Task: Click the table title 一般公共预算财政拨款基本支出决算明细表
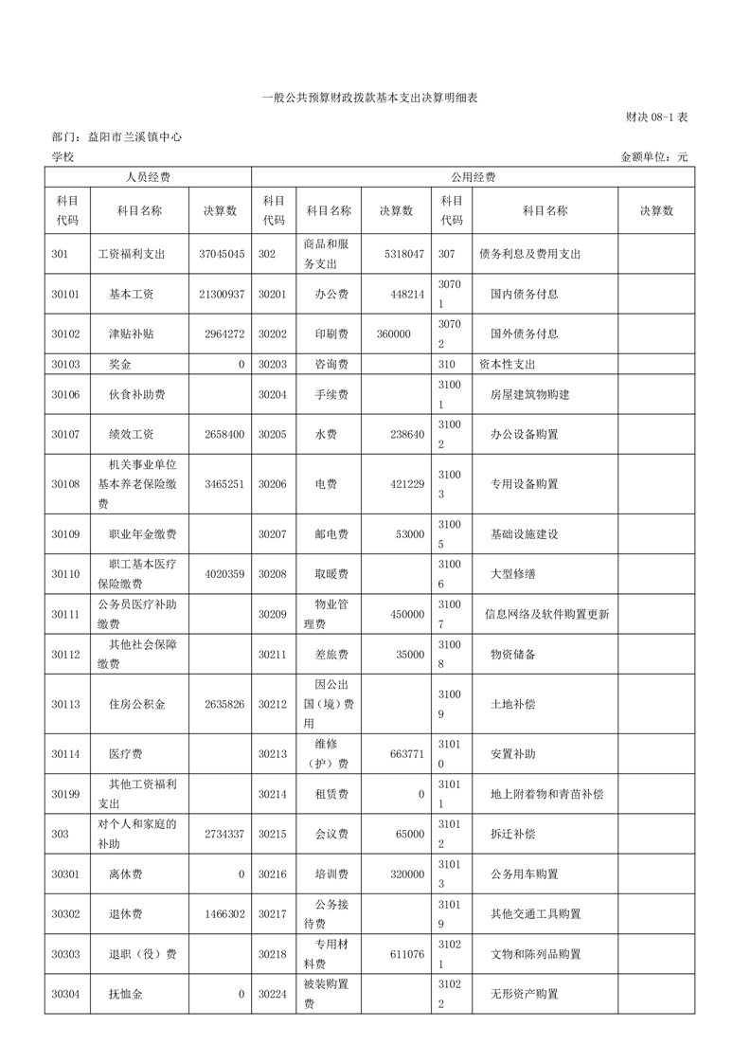[375, 97]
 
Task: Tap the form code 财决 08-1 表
[656, 117]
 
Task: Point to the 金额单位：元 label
[653, 156]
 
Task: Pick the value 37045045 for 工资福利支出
[223, 255]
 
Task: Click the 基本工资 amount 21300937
[223, 295]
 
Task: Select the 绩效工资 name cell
[132, 434]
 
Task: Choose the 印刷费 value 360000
[393, 334]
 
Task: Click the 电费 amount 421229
[405, 484]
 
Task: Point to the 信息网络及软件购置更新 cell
[546, 615]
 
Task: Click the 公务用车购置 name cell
[524, 874]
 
